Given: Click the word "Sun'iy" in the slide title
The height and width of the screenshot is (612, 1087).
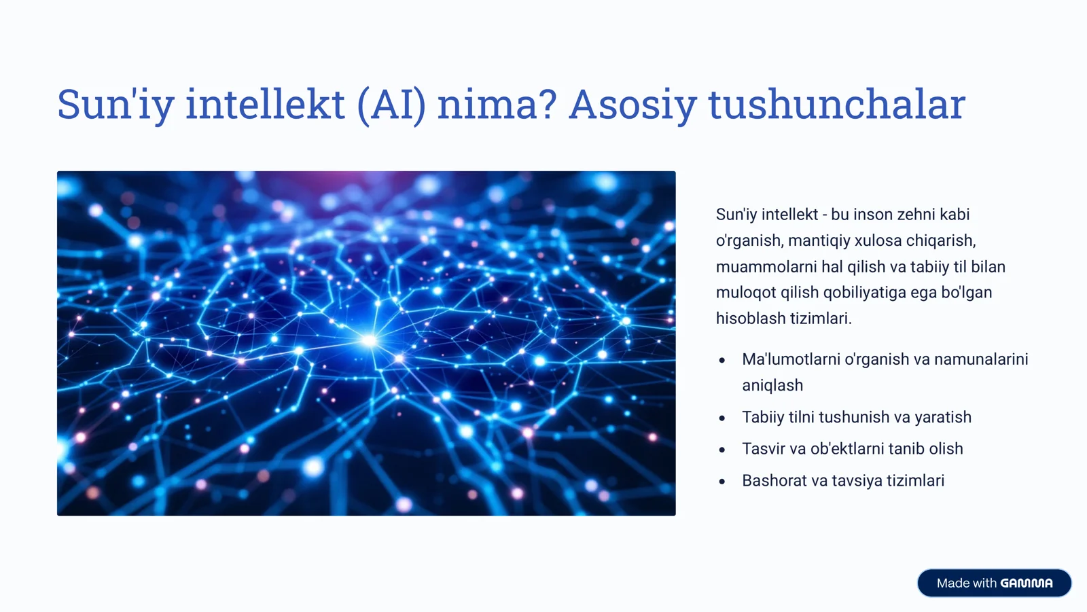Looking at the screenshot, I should coord(115,105).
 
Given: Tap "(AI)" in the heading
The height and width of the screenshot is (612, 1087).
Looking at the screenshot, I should coord(391,105).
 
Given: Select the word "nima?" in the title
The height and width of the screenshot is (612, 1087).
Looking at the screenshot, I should coord(497,105).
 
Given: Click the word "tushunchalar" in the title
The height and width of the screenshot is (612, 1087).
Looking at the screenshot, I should coord(836,105).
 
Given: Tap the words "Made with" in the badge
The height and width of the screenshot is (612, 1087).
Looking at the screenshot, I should coord(966,583).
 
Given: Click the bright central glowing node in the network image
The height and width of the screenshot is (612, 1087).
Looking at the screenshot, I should coord(368,340).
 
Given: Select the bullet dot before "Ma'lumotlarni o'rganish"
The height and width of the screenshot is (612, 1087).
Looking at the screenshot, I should coord(722,361).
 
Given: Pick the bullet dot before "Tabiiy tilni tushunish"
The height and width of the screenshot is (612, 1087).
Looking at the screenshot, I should coord(722,418).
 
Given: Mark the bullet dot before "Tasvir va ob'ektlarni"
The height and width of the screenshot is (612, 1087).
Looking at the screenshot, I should coord(722,450).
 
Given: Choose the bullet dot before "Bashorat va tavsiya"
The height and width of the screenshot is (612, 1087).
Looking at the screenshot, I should coord(722,482).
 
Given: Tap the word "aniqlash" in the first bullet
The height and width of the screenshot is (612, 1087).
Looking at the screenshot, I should coord(772,386).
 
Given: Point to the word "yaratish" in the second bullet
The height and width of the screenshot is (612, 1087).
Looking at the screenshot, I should coord(943,417).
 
